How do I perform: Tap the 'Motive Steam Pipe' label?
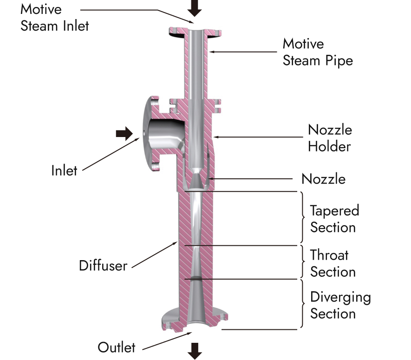[318, 52]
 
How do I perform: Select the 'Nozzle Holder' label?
[330, 138]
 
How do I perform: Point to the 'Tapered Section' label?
[334, 219]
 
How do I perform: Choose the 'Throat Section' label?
[333, 263]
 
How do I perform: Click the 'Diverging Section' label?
[340, 305]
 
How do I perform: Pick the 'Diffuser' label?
[103, 266]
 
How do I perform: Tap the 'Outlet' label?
[117, 347]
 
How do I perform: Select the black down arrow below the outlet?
[195, 351]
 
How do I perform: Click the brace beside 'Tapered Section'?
[302, 218]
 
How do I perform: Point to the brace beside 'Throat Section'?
[302, 262]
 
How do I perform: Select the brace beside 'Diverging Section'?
[302, 304]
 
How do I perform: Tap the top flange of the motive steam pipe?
[196, 32]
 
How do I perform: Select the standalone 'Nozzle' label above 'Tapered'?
[323, 179]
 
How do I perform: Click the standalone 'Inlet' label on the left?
[64, 170]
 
